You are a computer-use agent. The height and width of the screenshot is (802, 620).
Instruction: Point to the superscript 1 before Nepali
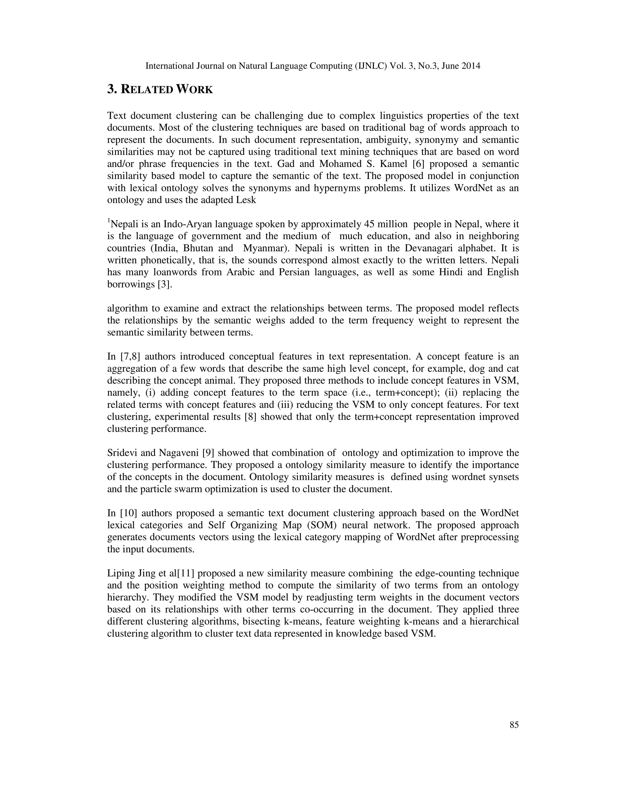[109, 221]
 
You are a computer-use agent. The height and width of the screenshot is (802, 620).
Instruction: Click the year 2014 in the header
[470, 66]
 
